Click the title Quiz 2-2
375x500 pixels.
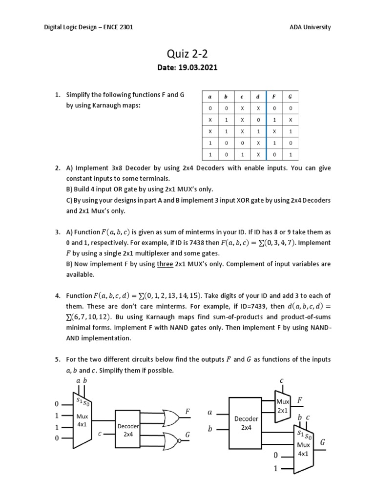187,54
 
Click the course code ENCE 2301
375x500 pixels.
116,27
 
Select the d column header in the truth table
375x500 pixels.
257,97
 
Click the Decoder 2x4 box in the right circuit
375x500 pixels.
246,422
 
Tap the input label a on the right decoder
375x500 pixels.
209,412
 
